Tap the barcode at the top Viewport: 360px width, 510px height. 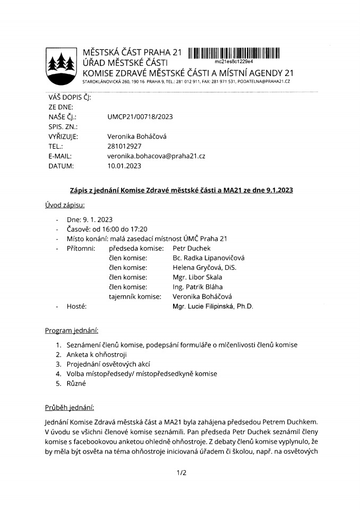tap(234, 53)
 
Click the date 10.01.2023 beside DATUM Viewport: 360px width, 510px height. tap(124, 166)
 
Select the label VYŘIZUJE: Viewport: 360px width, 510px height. tap(63, 137)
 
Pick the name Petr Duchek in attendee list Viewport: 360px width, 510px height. tap(192, 248)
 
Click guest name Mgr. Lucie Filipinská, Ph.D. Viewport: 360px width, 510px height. tap(213, 307)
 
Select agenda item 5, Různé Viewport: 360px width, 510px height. tap(76, 383)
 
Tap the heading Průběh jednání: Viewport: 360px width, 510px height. tap(69, 408)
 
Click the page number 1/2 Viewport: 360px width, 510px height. tap(180, 472)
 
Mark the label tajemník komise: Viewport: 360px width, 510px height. tap(135, 296)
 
